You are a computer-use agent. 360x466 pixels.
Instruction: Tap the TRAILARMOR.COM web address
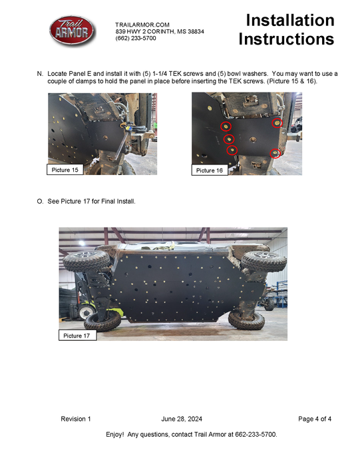142,24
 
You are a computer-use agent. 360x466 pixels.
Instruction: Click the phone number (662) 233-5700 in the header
136,39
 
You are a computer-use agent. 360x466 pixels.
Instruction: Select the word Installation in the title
289,21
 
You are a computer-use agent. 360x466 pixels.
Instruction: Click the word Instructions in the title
286,40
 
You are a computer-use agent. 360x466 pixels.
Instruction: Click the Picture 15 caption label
65,170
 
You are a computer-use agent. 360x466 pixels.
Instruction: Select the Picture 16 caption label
210,171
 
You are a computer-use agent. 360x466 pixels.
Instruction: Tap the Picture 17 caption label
77,336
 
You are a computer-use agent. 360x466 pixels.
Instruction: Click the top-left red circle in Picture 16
227,126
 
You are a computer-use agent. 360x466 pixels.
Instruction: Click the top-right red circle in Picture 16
277,122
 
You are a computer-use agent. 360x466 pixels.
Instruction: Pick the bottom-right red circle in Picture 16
275,153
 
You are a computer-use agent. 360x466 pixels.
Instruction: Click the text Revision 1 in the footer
76,419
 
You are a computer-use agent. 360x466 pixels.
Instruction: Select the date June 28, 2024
182,419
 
